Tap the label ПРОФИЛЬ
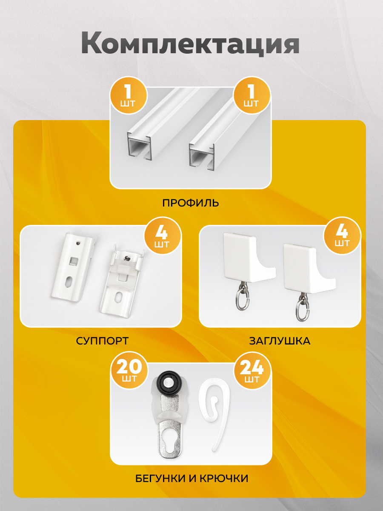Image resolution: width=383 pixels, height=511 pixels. point(191,203)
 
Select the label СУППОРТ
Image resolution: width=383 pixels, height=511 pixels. point(102,341)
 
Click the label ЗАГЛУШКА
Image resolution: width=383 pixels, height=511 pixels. point(280,341)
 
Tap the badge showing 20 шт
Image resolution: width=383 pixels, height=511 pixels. point(129,370)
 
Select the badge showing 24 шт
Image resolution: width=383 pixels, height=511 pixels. point(252,370)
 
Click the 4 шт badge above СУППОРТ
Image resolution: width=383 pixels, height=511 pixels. point(163,236)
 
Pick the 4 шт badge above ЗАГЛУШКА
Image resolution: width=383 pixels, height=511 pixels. point(342,235)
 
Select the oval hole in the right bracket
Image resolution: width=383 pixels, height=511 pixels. point(119,297)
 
